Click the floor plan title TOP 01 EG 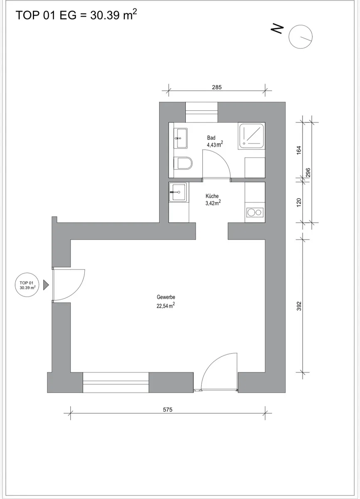[46, 15]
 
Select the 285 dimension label [217, 87]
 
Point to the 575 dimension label [168, 410]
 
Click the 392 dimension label [299, 306]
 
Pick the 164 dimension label [299, 150]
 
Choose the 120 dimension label [299, 202]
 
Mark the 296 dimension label [308, 173]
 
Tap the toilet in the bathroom [183, 163]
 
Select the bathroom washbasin [180, 138]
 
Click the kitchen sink [178, 192]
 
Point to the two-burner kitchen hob [255, 212]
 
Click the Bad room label [211, 138]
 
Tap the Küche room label [212, 196]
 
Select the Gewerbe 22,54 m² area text [165, 301]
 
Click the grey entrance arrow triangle [46, 285]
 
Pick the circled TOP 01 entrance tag [27, 285]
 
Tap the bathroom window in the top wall [202, 112]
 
